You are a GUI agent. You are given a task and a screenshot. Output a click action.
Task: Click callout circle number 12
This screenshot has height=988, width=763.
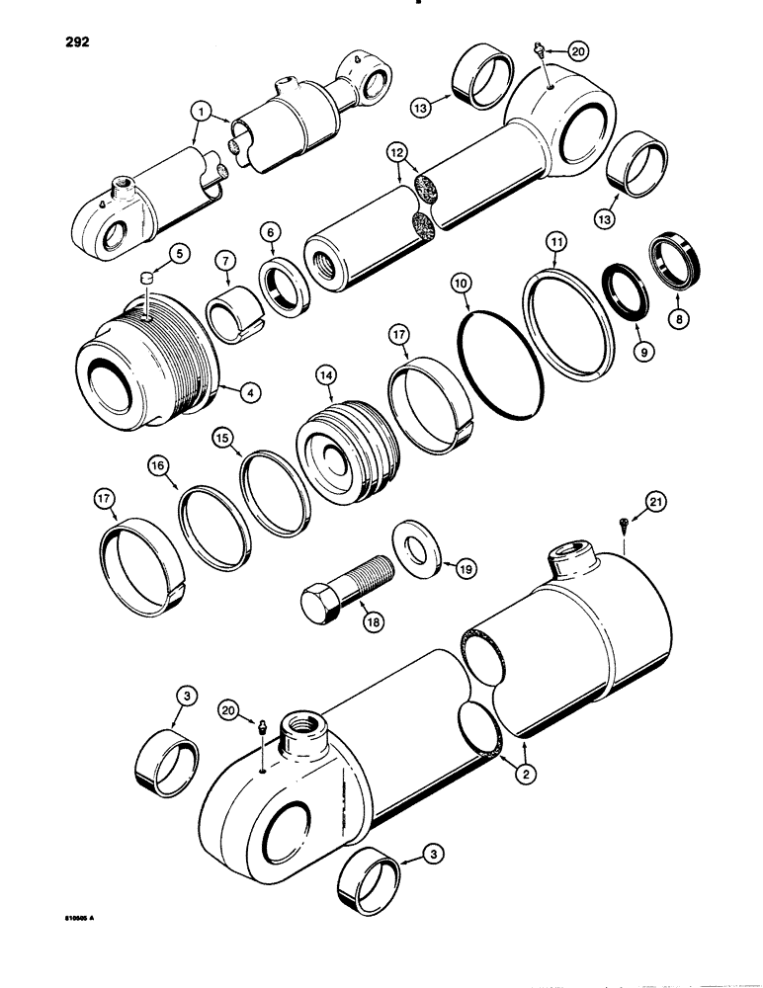click(397, 152)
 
